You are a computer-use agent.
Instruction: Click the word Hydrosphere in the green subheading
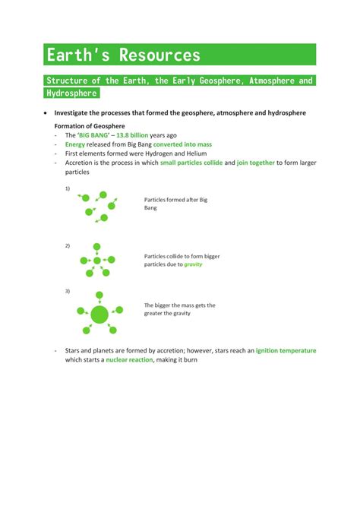point(71,93)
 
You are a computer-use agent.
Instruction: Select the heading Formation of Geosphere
point(90,125)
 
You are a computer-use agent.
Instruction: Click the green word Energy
point(75,144)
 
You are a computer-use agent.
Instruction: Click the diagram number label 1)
point(68,188)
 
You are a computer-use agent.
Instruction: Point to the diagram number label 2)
point(68,245)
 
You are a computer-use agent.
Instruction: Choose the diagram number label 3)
point(68,291)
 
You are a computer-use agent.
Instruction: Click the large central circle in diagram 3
point(99,313)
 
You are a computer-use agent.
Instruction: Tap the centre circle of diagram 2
point(96,261)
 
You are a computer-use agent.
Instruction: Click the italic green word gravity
point(193,264)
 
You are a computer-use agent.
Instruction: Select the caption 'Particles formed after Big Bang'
point(175,203)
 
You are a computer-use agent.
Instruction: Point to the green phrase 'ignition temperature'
point(286,350)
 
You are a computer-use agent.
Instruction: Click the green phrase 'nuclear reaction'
point(129,359)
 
